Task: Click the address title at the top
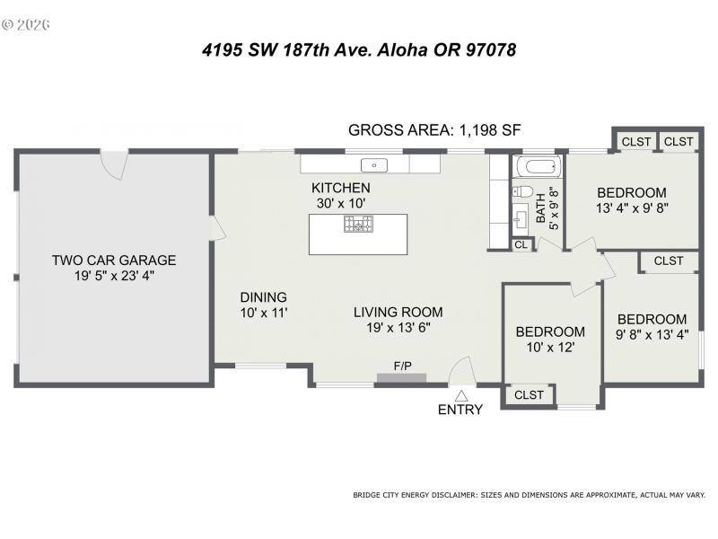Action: (x=359, y=50)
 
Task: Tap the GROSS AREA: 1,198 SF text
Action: (x=434, y=130)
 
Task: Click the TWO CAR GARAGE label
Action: (x=114, y=261)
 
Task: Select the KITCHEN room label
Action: (x=340, y=188)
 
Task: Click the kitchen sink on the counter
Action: (x=372, y=165)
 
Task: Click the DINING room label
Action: (x=263, y=297)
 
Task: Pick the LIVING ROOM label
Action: (x=398, y=312)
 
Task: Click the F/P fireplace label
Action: (x=403, y=366)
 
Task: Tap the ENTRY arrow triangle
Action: (x=461, y=395)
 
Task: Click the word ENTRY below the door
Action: (x=460, y=411)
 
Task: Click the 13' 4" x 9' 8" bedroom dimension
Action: (x=632, y=208)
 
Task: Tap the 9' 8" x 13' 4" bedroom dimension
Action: (x=652, y=334)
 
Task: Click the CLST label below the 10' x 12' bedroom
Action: (x=530, y=395)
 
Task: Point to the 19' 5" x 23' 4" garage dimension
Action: (x=114, y=277)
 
